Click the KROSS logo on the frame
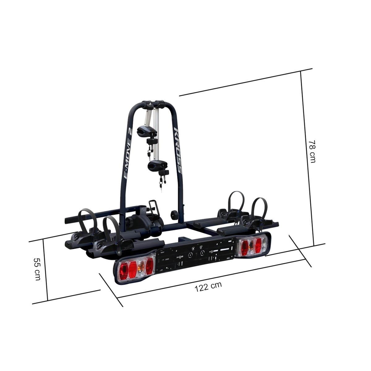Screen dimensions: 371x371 click(177, 151)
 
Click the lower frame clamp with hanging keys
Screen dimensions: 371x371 click(158, 167)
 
